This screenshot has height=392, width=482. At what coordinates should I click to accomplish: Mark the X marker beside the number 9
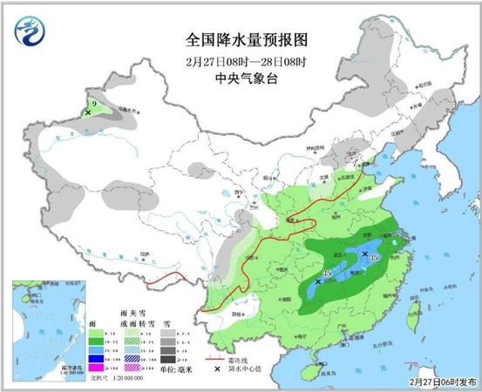coord(89,112)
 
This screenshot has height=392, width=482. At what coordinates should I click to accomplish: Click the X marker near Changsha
coord(319,281)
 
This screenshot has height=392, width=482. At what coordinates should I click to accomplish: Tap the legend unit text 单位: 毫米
coord(178,370)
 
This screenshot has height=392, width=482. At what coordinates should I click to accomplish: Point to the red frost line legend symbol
coord(213,357)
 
